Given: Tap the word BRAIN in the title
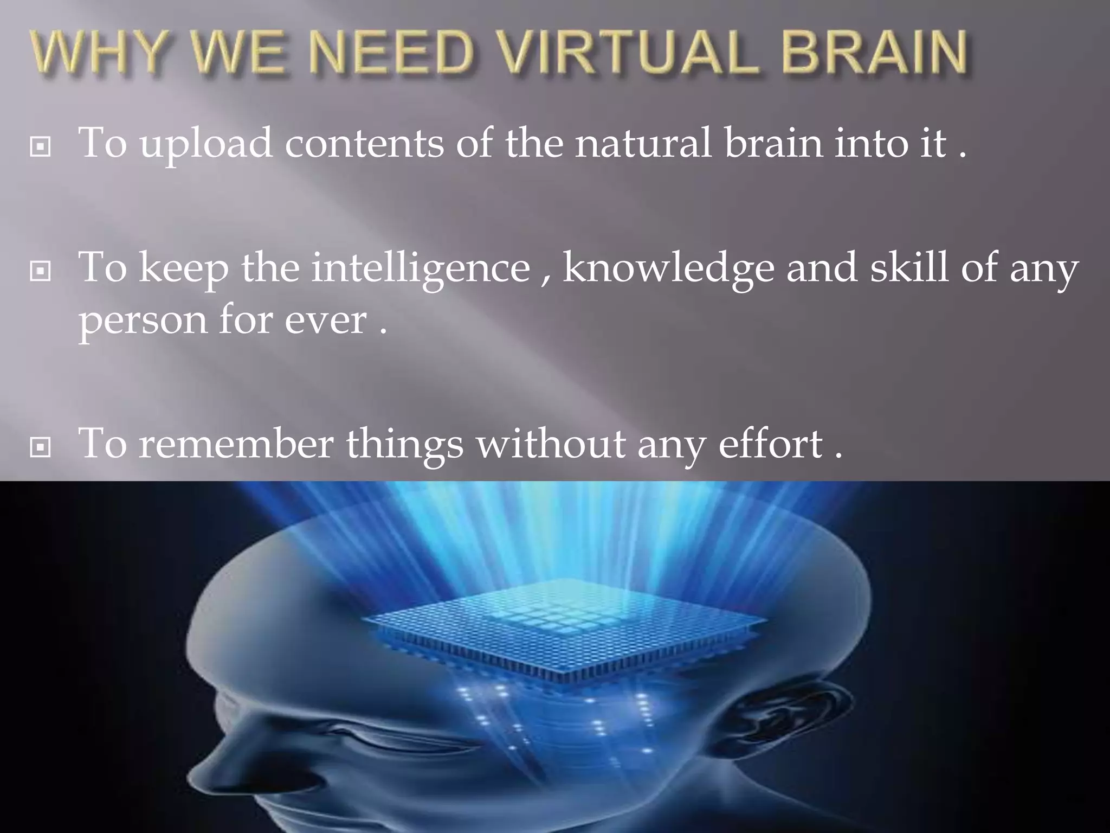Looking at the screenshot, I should (x=874, y=53).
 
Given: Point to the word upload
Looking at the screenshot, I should (x=206, y=144).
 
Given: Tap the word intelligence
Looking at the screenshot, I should (x=421, y=269).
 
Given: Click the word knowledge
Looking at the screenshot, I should (x=668, y=268).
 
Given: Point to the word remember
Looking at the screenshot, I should (x=236, y=444).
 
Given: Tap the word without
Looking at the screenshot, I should (x=550, y=444).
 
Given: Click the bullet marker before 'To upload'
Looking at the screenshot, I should (x=41, y=146).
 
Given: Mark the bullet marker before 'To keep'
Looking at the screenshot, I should (x=41, y=271).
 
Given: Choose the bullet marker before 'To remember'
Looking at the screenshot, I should (x=41, y=447).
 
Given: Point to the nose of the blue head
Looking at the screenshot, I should (x=214, y=759).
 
